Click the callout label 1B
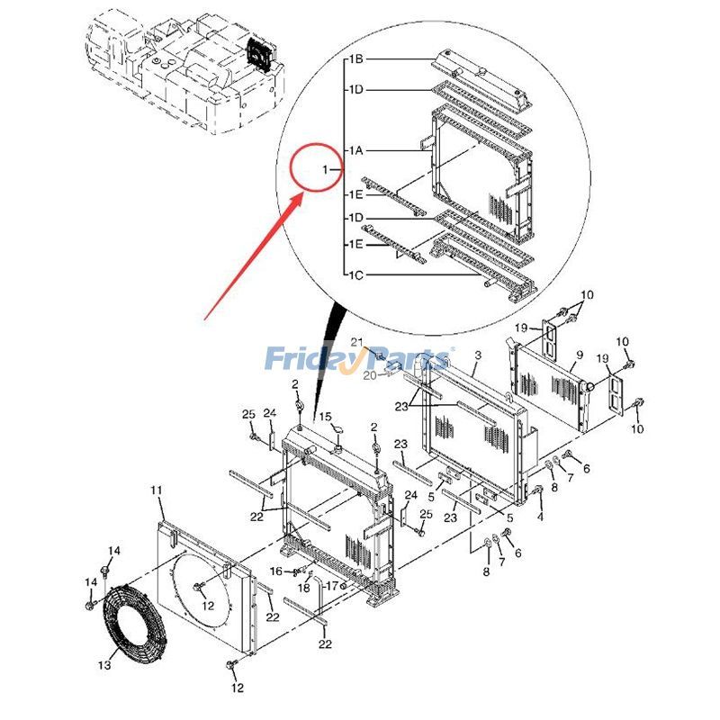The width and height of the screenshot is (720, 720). [355, 59]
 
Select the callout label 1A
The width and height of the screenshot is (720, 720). [355, 149]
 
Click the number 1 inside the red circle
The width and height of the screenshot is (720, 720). [326, 169]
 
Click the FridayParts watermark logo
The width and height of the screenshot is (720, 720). [360, 359]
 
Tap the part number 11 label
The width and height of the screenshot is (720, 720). [157, 490]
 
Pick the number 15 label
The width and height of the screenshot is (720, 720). [326, 417]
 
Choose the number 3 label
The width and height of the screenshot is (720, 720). [477, 356]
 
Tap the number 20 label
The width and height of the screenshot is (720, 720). [369, 375]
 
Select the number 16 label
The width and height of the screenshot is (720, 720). [276, 571]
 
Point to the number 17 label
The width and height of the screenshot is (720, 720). [331, 586]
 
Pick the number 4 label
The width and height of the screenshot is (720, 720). [540, 517]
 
